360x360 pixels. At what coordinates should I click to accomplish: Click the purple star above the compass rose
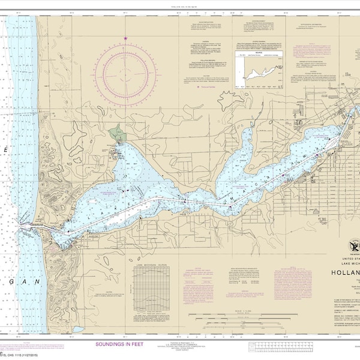125,39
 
